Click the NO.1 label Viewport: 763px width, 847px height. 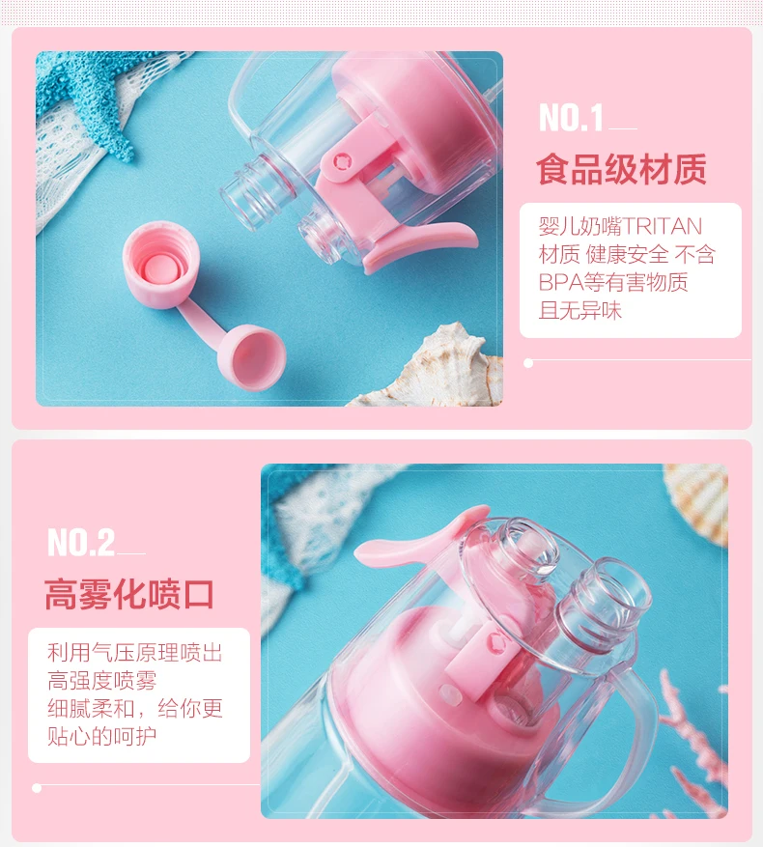[x=571, y=118]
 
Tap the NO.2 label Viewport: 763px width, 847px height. [x=81, y=543]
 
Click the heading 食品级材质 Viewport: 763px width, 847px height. [x=621, y=169]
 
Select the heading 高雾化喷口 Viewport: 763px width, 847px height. [x=129, y=594]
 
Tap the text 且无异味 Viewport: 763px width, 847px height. [x=580, y=311]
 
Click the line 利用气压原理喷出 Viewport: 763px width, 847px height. [x=135, y=653]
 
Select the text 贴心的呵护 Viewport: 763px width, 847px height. [x=102, y=736]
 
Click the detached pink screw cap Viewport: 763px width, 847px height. [x=160, y=265]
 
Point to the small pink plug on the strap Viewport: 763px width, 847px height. [x=251, y=356]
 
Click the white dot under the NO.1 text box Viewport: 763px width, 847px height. [x=528, y=363]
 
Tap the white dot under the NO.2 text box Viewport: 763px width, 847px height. [x=37, y=788]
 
